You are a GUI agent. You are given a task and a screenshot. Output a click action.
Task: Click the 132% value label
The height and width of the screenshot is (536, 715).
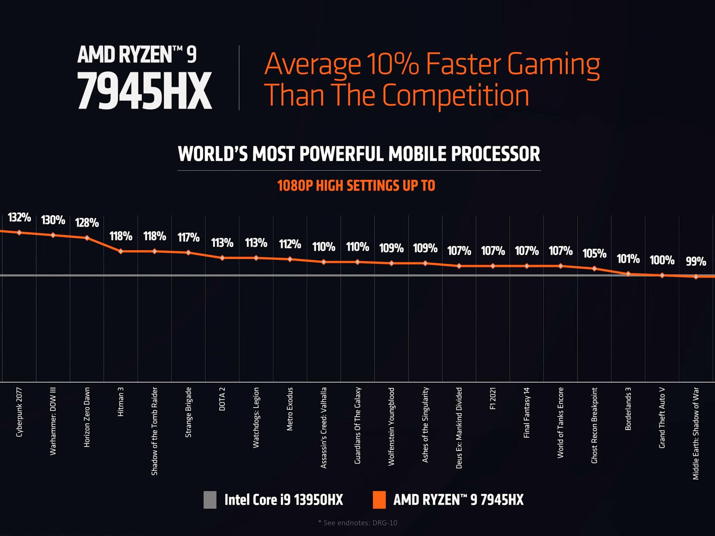(x=19, y=217)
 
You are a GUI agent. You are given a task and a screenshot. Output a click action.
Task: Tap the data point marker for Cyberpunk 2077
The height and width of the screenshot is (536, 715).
(x=19, y=233)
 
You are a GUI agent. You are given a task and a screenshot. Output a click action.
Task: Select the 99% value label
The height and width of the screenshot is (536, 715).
(x=696, y=261)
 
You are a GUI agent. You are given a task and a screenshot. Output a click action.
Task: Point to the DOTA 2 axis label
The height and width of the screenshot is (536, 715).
(x=222, y=399)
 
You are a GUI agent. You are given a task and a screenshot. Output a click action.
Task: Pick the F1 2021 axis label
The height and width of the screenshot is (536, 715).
(x=493, y=398)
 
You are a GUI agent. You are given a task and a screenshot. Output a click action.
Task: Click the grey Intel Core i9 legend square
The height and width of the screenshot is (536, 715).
(x=210, y=500)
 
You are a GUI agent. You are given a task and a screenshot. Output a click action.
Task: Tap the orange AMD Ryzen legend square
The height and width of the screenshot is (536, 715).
(x=379, y=500)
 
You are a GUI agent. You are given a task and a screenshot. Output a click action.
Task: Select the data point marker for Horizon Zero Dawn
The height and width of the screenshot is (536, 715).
(x=87, y=238)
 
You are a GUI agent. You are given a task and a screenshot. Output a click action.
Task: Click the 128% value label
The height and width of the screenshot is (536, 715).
(x=87, y=222)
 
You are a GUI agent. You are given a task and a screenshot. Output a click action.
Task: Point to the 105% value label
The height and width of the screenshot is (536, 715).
(x=594, y=253)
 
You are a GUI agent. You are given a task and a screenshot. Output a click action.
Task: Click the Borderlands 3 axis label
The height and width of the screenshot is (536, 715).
(x=628, y=409)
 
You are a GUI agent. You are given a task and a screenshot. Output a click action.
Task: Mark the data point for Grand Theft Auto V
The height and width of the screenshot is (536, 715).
(x=662, y=276)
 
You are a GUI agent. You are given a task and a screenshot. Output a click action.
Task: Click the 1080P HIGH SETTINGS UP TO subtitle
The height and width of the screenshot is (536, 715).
(x=356, y=186)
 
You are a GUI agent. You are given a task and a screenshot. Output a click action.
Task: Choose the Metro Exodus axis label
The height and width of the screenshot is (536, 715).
(x=290, y=409)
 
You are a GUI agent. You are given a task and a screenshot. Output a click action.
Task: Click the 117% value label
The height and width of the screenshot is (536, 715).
(x=189, y=238)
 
